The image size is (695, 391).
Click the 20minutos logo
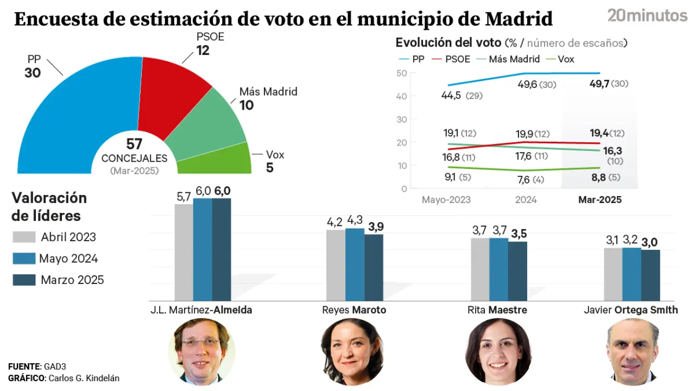pyautogui.click(x=647, y=16)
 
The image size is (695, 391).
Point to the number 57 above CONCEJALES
pyautogui.click(x=134, y=144)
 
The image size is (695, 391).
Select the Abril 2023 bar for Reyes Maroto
pyautogui.click(x=336, y=265)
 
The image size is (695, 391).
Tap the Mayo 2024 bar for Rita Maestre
pyautogui.click(x=498, y=269)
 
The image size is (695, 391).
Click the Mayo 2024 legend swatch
pyautogui.click(x=24, y=258)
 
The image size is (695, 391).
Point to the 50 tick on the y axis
pyautogui.click(x=402, y=73)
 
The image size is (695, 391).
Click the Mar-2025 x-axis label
pyautogui.click(x=599, y=200)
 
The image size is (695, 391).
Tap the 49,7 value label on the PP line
pyautogui.click(x=599, y=84)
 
